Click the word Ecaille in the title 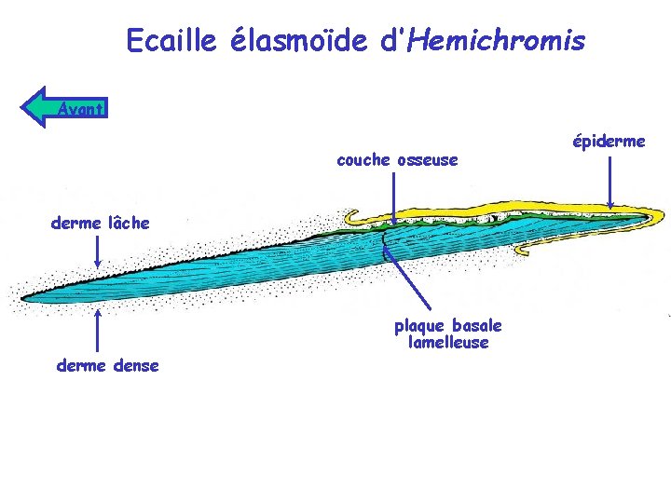coord(171,40)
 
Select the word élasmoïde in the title coord(299,40)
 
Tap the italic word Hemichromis coord(497,40)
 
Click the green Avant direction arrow coord(64,107)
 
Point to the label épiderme coord(609,142)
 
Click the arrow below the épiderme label coord(610,183)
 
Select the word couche coord(363,160)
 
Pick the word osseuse coord(428,160)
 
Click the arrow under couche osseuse coord(393,198)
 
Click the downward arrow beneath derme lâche coord(98,252)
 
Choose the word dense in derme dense coord(136,366)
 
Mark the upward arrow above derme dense coord(98,331)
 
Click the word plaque coord(419,327)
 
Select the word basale coord(477,326)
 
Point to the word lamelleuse coord(448,342)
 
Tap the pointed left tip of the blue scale coord(21,299)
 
